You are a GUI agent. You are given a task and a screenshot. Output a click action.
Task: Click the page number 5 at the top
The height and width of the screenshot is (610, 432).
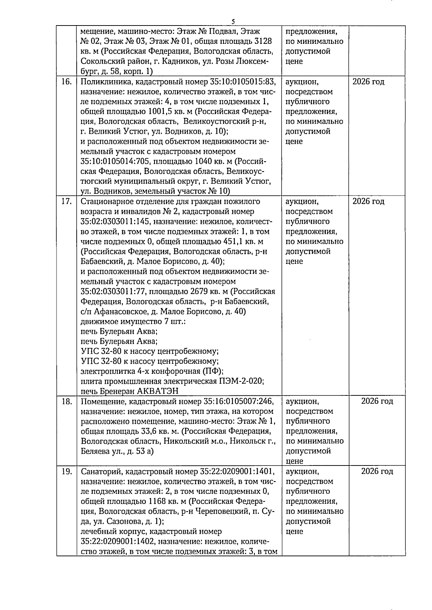pos(233,22)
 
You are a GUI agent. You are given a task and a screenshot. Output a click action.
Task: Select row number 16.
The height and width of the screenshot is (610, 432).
pos(66,82)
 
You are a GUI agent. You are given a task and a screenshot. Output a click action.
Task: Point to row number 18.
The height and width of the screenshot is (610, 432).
pos(66,402)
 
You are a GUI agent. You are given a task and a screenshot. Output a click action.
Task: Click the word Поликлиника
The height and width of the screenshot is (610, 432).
pos(102,82)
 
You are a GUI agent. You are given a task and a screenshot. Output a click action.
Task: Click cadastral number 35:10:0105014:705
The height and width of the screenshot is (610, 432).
pos(113,162)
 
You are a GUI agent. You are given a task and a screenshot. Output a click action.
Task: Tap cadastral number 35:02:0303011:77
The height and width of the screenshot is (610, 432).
pos(113,292)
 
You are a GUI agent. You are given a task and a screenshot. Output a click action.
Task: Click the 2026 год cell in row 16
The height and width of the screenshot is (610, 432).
pos(368,82)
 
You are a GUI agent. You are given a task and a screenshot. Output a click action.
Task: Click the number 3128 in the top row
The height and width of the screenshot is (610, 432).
pos(262,41)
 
